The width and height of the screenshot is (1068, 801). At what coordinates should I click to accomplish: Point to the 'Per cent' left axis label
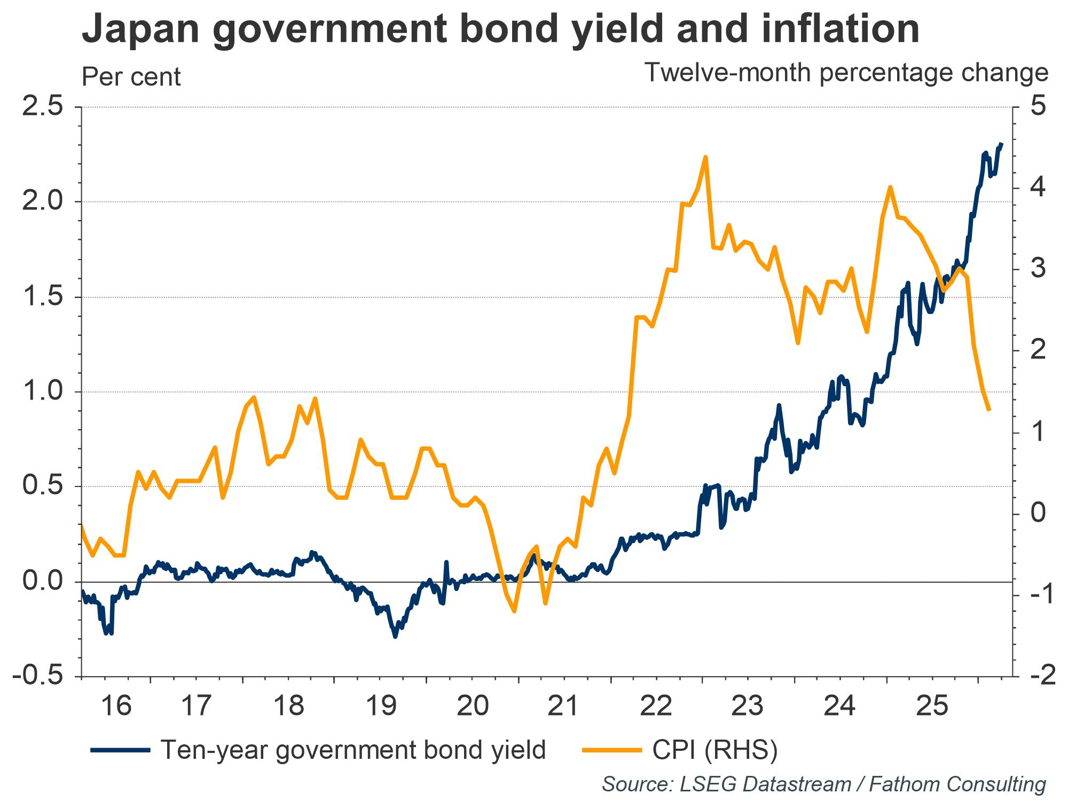tap(131, 77)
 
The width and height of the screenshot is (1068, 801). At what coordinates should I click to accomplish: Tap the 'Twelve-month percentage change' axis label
tap(846, 73)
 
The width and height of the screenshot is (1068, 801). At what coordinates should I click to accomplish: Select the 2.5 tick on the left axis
tap(42, 107)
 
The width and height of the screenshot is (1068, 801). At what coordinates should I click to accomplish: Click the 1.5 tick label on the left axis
tap(42, 297)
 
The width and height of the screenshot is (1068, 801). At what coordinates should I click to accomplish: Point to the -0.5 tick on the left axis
tap(37, 676)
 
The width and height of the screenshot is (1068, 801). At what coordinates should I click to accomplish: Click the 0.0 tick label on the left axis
tap(42, 582)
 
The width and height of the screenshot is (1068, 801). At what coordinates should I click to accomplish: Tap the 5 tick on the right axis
tap(1038, 107)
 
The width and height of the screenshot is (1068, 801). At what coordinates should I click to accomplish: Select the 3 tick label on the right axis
tap(1038, 269)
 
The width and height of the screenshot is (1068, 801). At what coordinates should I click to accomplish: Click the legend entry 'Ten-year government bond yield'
tap(352, 750)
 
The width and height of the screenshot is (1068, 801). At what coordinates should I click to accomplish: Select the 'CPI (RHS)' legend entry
tap(714, 750)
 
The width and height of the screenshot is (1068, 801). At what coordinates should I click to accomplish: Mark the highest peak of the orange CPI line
tap(705, 157)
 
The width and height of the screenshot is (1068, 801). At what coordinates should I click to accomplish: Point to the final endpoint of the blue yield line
tap(1001, 144)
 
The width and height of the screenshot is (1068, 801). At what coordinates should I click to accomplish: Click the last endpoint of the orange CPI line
tap(989, 410)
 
